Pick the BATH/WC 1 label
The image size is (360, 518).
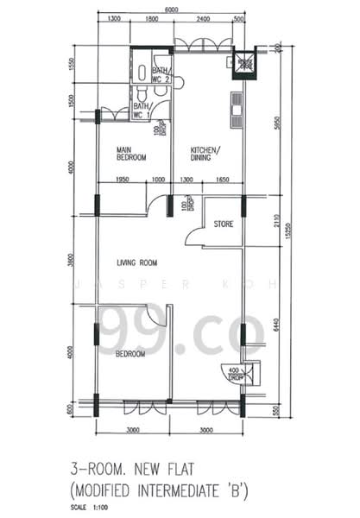(x=142, y=109)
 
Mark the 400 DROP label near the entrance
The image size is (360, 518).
(x=231, y=374)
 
